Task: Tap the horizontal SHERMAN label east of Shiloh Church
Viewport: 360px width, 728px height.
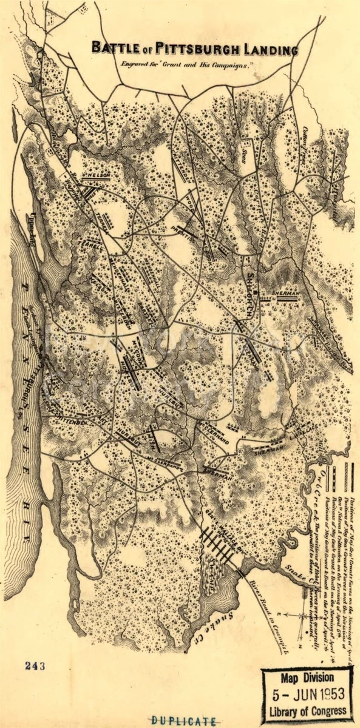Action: [284, 292]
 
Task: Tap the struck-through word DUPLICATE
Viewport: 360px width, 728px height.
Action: [185, 721]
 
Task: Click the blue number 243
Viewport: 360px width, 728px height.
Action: [35, 666]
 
